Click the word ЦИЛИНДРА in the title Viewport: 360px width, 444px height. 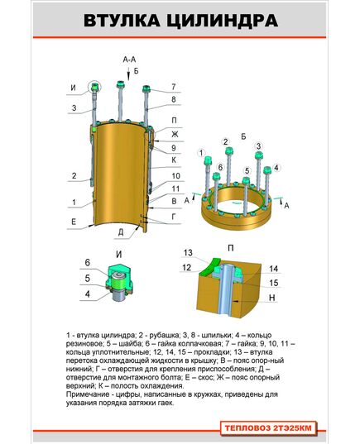point(222,21)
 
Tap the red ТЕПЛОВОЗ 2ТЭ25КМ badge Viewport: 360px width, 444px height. point(268,427)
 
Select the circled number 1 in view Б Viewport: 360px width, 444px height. point(201,153)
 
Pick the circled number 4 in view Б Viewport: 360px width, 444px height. point(276,168)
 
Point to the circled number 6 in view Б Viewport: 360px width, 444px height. point(220,167)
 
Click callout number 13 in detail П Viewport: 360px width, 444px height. point(188,252)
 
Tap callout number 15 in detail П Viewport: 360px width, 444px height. point(274,283)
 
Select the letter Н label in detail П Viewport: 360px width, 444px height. point(271,298)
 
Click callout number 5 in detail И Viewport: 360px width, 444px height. point(87,278)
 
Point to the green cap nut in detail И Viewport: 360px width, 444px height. point(118,275)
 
